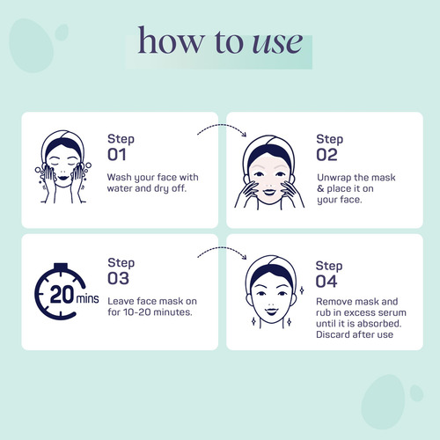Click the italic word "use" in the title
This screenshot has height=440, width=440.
click(277, 43)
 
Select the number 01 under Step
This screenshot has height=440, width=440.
click(117, 155)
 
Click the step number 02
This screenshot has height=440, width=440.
click(326, 155)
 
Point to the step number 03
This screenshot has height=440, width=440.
click(118, 278)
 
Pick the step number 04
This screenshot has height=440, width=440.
click(326, 282)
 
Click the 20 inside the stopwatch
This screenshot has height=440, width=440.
click(62, 294)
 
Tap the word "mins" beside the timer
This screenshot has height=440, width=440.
click(87, 298)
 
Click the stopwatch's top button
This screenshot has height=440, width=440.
click(61, 267)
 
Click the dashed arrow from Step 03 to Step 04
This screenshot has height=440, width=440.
click(222, 248)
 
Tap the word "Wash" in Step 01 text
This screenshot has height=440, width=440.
click(119, 177)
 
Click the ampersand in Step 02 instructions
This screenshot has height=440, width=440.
click(320, 188)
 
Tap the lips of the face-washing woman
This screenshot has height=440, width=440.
click(63, 178)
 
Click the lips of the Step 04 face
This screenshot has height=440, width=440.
click(271, 311)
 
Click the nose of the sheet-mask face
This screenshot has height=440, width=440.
click(269, 186)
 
